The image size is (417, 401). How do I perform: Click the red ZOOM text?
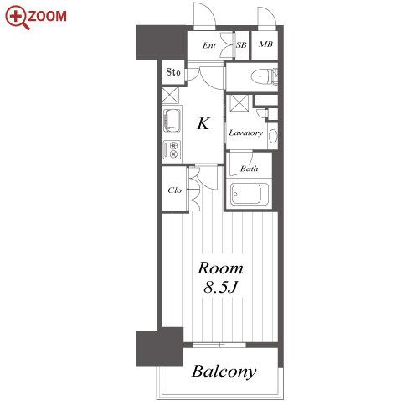tap(48, 16)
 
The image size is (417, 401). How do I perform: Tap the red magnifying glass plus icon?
tap(16, 17)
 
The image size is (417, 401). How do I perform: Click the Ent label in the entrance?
tap(209, 45)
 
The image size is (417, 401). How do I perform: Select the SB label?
tap(241, 45)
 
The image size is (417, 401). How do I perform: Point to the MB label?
tap(265, 44)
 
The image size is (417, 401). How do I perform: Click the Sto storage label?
tap(173, 72)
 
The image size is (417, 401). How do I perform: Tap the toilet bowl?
tap(260, 76)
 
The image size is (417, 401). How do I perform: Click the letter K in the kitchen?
tap(203, 123)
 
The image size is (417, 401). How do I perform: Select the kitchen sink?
tap(172, 120)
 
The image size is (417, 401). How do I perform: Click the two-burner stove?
tap(172, 149)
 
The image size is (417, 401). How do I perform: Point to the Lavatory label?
tap(246, 133)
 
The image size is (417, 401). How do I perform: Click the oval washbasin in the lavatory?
tap(273, 136)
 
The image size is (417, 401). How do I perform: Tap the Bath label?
tap(249, 169)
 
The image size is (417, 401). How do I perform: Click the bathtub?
tap(250, 194)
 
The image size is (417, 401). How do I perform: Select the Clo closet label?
tap(175, 190)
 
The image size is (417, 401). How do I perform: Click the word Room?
tap(220, 268)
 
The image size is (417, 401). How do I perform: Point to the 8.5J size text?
tap(221, 287)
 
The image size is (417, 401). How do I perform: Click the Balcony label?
tap(224, 372)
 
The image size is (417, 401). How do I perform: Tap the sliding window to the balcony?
tap(219, 345)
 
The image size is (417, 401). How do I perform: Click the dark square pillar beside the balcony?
tap(159, 347)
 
